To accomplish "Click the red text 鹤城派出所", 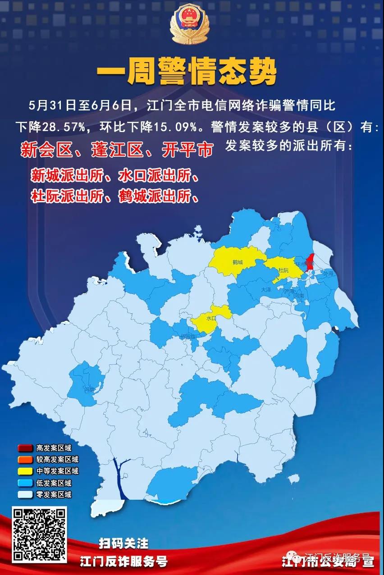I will pyautogui.click(x=155, y=196).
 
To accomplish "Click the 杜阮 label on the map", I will pyautogui.click(x=283, y=270).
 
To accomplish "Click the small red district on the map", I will pyautogui.click(x=310, y=263).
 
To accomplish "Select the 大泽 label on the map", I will pyautogui.click(x=266, y=290).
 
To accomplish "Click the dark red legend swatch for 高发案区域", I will pyautogui.click(x=25, y=448).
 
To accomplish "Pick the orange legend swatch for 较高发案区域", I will pyautogui.click(x=25, y=460).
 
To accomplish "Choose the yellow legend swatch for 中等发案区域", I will pyautogui.click(x=25, y=471).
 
